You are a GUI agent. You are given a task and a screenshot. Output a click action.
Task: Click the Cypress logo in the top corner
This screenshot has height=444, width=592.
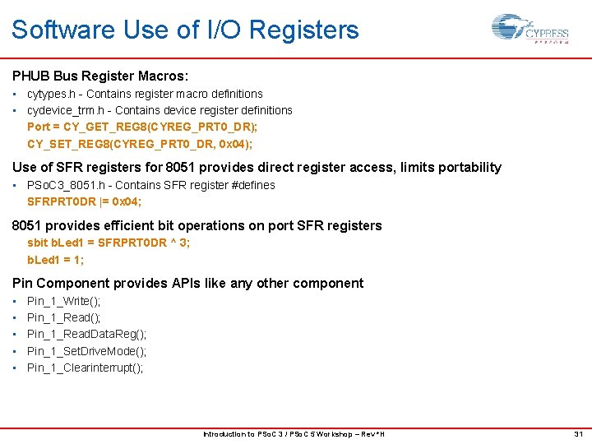pyautogui.click(x=530, y=30)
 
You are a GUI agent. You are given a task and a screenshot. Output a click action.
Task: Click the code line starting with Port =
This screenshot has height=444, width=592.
pyautogui.click(x=142, y=127)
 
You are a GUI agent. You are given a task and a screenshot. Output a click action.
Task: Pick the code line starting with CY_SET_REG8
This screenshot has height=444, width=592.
pyautogui.click(x=140, y=144)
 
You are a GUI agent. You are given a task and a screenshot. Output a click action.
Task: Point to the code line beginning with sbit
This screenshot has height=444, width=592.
pyautogui.click(x=109, y=243)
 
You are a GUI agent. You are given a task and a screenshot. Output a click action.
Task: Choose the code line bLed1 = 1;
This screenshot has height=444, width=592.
pyautogui.click(x=56, y=260)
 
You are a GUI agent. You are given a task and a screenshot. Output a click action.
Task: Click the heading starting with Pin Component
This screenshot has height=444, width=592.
pyautogui.click(x=187, y=283)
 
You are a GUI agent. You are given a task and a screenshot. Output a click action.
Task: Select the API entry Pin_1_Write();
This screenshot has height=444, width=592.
pyautogui.click(x=64, y=301)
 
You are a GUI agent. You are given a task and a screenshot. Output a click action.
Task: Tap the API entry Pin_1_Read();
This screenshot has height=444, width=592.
pyautogui.click(x=64, y=317)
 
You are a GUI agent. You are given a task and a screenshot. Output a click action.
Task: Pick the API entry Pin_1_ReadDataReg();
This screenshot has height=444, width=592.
pyautogui.click(x=87, y=334)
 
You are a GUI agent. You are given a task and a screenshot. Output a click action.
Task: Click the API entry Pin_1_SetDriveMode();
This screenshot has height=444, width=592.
pyautogui.click(x=87, y=351)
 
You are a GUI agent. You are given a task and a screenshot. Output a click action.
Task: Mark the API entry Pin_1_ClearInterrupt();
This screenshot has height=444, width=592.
pyautogui.click(x=85, y=368)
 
